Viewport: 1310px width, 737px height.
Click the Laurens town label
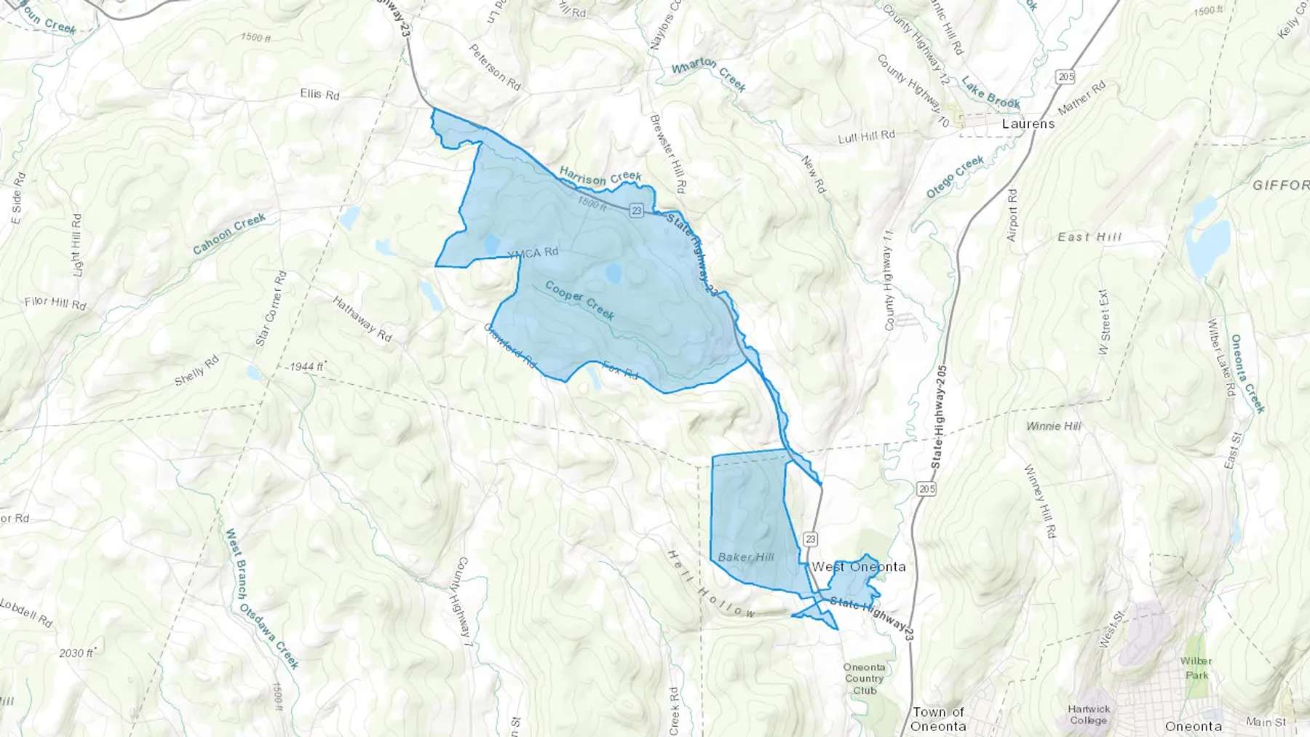pyautogui.click(x=1028, y=124)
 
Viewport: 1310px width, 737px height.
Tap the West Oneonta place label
pyautogui.click(x=859, y=567)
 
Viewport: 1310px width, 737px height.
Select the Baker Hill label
pyautogui.click(x=746, y=557)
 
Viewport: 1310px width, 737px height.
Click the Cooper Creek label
pyautogui.click(x=580, y=300)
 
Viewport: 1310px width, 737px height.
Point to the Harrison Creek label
pyautogui.click(x=600, y=176)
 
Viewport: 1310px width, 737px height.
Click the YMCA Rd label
pyautogui.click(x=533, y=252)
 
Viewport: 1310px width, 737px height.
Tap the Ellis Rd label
pyautogui.click(x=319, y=94)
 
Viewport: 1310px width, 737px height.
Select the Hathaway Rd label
pyautogui.click(x=362, y=319)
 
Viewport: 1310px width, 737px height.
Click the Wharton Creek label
pyautogui.click(x=708, y=74)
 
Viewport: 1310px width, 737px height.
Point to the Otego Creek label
pyautogui.click(x=955, y=176)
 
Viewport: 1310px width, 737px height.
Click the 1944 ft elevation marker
pyautogui.click(x=306, y=366)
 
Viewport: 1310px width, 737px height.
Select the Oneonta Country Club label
pyautogui.click(x=865, y=679)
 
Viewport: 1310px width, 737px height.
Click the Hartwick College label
pyautogui.click(x=1089, y=714)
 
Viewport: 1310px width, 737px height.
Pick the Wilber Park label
pyautogui.click(x=1196, y=668)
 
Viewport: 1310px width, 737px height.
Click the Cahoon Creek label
pyautogui.click(x=229, y=234)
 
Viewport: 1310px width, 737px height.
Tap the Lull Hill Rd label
pyautogui.click(x=866, y=136)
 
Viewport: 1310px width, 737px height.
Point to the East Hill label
pyautogui.click(x=1089, y=237)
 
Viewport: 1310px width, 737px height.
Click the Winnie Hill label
pyautogui.click(x=1053, y=426)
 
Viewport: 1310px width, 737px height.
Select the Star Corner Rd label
pyautogui.click(x=271, y=308)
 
